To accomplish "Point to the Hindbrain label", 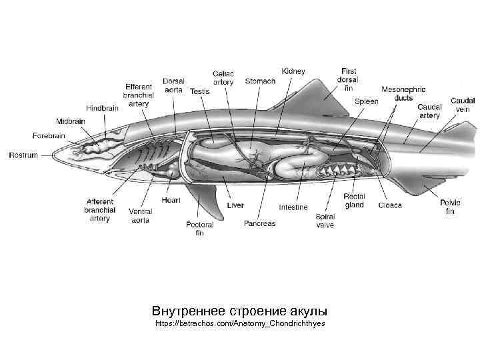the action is pyautogui.click(x=102, y=107).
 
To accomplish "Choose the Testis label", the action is pyautogui.click(x=199, y=91).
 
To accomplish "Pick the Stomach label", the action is pyautogui.click(x=260, y=82).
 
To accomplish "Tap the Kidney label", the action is pyautogui.click(x=293, y=71).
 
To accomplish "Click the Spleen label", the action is pyautogui.click(x=366, y=101).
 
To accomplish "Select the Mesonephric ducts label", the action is pyautogui.click(x=403, y=93).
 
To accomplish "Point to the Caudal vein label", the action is pyautogui.click(x=463, y=105).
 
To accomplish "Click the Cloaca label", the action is pyautogui.click(x=390, y=205).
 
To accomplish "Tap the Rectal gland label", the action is pyautogui.click(x=354, y=201).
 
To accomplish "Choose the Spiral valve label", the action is pyautogui.click(x=325, y=221).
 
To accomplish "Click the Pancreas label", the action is pyautogui.click(x=259, y=223).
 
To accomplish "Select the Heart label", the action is pyautogui.click(x=171, y=200).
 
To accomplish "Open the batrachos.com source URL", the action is pyautogui.click(x=239, y=323).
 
